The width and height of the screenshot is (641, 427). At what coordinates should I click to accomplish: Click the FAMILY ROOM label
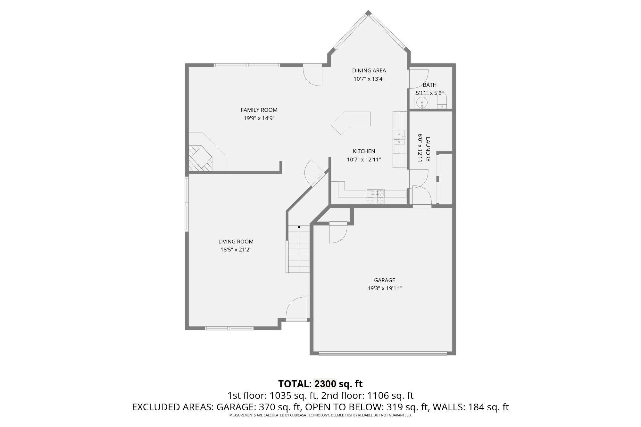259,110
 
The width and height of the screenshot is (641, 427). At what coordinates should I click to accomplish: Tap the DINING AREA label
369,70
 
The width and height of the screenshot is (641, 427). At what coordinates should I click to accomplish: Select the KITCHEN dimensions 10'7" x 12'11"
364,160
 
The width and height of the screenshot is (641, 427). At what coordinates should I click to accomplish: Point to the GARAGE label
384,280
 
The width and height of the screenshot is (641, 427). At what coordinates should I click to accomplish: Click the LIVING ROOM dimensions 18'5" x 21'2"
236,250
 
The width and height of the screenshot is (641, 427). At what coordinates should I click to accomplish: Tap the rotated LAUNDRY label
428,149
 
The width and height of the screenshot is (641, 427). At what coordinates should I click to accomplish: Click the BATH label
429,85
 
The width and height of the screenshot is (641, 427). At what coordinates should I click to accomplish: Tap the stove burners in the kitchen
375,196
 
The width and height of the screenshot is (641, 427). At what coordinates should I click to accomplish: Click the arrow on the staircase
299,227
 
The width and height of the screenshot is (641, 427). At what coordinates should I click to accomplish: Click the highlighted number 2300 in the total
325,384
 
